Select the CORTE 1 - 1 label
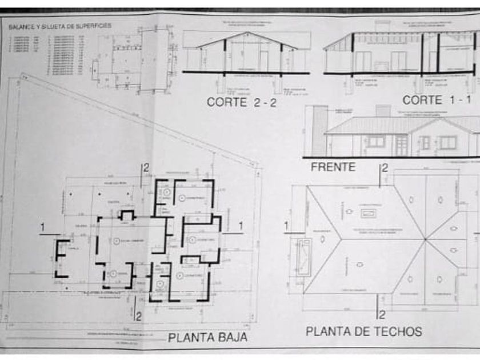(x=437, y=100)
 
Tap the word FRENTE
(x=333, y=167)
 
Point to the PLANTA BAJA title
(x=208, y=337)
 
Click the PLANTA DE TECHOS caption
(x=363, y=331)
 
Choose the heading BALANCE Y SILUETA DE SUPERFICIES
(x=60, y=26)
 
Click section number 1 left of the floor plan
(x=42, y=228)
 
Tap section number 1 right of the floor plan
(x=241, y=226)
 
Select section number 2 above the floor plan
(x=146, y=168)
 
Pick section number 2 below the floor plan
(x=137, y=315)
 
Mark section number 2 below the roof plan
(x=382, y=314)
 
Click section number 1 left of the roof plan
(x=287, y=226)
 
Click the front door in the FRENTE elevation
(x=401, y=144)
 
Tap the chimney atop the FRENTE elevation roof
(x=382, y=110)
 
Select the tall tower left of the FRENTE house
(x=319, y=131)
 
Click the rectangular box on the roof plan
(x=367, y=213)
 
